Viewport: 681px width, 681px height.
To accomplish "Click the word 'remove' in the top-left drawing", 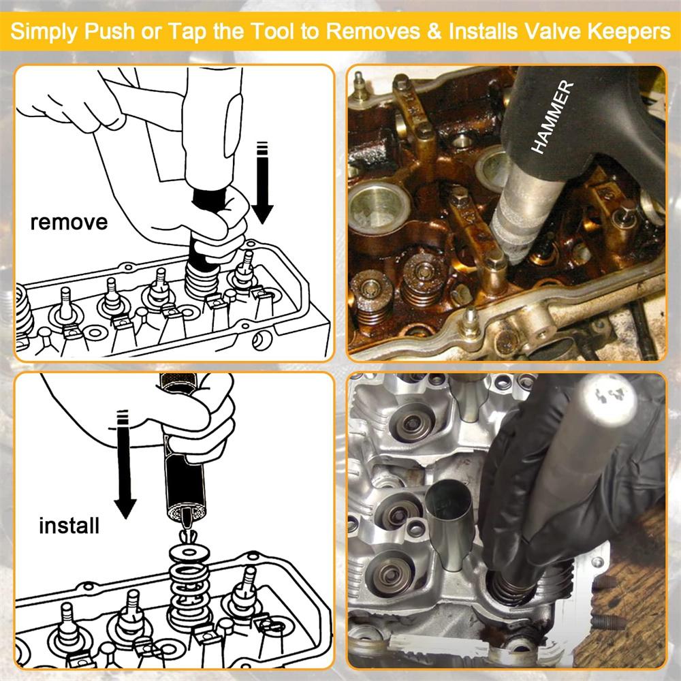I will [x=68, y=223].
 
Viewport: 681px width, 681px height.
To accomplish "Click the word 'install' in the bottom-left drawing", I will [x=69, y=526].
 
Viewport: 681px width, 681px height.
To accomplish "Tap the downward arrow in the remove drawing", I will [x=264, y=184].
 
